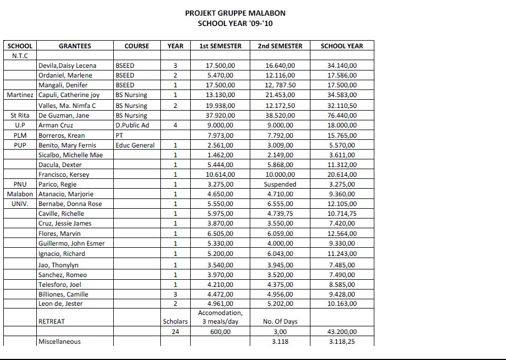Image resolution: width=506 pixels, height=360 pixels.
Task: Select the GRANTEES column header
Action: (x=75, y=46)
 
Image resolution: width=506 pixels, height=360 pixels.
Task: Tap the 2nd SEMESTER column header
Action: (x=280, y=46)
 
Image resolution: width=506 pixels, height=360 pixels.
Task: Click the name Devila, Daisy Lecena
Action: (x=67, y=66)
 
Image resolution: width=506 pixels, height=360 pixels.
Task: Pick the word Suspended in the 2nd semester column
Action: (x=280, y=184)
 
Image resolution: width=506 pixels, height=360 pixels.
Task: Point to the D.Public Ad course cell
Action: (x=133, y=125)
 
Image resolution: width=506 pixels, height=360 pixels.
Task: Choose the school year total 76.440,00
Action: (x=342, y=115)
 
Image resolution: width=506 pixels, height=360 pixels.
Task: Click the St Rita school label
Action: (x=20, y=115)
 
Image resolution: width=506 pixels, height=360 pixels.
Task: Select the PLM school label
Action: (x=20, y=135)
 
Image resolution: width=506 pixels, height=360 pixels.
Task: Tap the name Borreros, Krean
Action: (x=61, y=135)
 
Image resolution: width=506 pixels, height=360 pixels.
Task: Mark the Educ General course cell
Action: (x=135, y=145)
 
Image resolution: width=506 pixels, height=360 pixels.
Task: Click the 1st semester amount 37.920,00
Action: (x=220, y=115)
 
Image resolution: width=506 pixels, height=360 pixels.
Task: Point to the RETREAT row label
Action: (x=51, y=322)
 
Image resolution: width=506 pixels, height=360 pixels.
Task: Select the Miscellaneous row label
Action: (x=59, y=342)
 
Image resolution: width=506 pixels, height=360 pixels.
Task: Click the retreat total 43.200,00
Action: (x=342, y=332)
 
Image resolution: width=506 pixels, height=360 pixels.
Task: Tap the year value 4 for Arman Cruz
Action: (x=175, y=125)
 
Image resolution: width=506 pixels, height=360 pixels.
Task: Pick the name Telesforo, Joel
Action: (x=60, y=284)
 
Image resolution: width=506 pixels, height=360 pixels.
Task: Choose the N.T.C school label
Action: (x=20, y=56)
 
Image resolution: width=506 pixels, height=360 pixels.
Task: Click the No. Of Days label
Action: (x=280, y=322)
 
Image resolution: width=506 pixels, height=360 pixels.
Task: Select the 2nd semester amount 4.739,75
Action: (x=280, y=214)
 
